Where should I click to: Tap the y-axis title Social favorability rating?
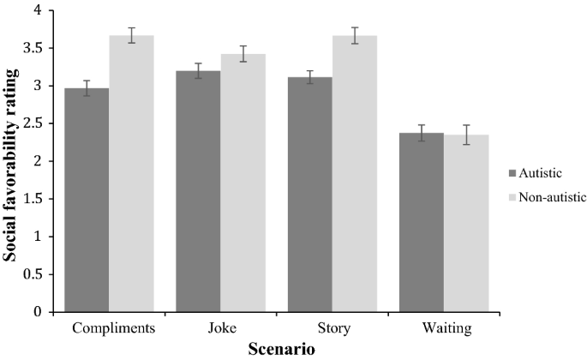[12, 161]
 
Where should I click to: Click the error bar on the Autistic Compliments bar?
[87, 88]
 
